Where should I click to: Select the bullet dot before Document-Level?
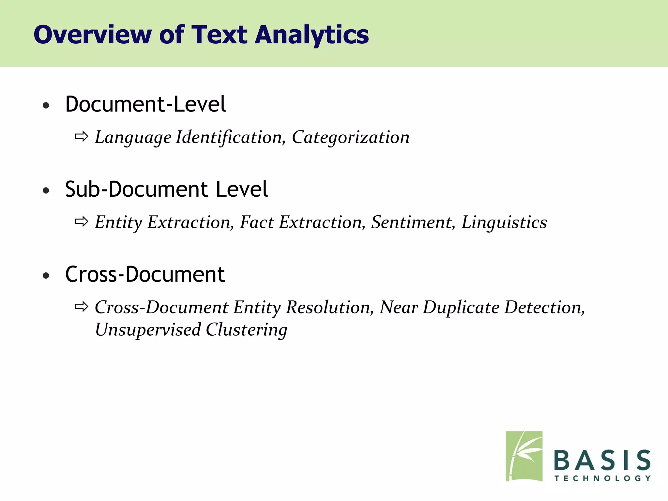(46, 105)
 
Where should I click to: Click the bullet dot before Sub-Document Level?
(46, 190)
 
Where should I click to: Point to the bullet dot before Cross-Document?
(46, 276)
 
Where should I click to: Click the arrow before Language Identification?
(82, 136)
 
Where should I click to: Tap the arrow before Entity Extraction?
(82, 222)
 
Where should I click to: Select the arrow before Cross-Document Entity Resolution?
(82, 307)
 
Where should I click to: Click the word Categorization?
(351, 137)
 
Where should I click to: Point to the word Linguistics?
(504, 222)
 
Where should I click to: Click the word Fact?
(257, 222)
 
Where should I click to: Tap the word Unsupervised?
(148, 329)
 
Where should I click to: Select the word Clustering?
(247, 329)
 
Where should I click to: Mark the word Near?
(399, 307)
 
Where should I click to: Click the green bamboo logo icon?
(524, 456)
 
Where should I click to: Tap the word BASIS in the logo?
(602, 460)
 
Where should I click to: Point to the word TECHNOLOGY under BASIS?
(602, 478)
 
